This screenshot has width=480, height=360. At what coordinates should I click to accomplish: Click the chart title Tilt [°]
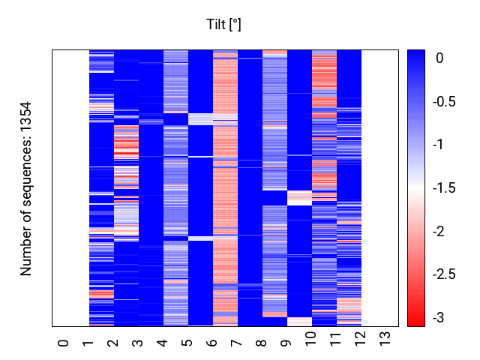(x=223, y=25)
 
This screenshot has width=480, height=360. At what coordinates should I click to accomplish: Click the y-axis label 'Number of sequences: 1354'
(x=25, y=189)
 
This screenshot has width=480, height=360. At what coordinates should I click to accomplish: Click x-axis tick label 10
(x=310, y=339)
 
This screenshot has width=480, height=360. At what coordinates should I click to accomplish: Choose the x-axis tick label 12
(x=360, y=339)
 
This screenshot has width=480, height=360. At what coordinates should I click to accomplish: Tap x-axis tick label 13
(x=385, y=339)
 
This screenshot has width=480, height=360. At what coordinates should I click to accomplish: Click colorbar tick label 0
(x=439, y=58)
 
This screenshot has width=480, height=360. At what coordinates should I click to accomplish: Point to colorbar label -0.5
(x=444, y=101)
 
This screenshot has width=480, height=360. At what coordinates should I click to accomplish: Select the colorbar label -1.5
(x=444, y=187)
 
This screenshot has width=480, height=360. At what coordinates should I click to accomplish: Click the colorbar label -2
(x=438, y=231)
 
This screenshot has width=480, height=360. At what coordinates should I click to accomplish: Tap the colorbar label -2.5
(x=444, y=274)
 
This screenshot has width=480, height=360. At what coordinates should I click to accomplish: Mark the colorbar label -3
(x=438, y=318)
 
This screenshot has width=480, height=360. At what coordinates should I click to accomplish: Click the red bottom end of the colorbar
(x=416, y=325)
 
